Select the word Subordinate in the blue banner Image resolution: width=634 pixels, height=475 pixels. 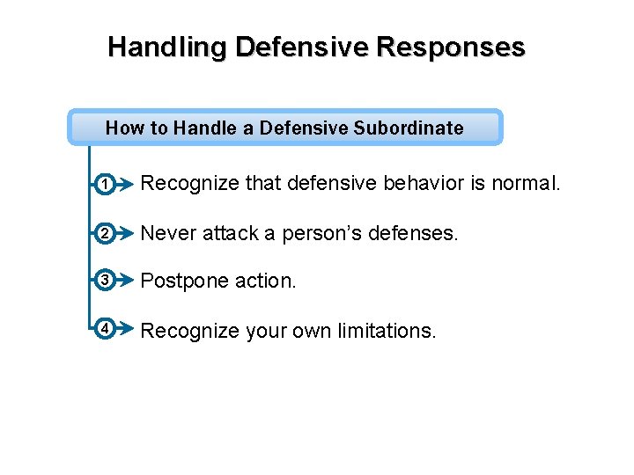(x=409, y=128)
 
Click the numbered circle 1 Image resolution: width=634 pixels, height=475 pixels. (x=104, y=186)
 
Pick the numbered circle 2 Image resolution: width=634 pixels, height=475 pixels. (x=104, y=233)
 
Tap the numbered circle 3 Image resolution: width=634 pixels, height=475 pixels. (x=104, y=281)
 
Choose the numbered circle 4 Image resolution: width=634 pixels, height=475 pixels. (x=104, y=329)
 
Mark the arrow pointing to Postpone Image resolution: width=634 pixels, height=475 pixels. (x=125, y=281)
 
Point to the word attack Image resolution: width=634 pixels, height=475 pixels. (x=231, y=233)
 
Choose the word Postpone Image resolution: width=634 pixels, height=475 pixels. (x=181, y=281)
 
